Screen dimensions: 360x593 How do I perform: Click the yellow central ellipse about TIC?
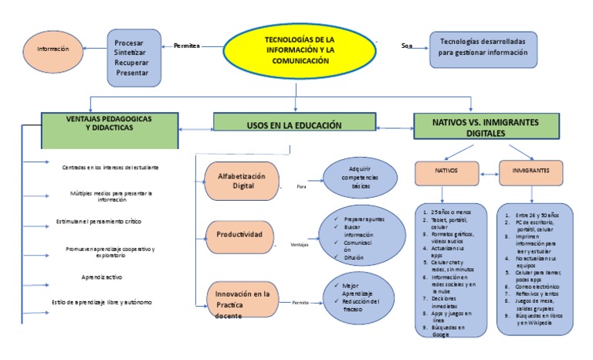(x=296, y=49)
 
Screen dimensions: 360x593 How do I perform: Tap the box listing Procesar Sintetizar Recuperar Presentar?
(x=134, y=57)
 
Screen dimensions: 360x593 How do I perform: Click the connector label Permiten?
(x=188, y=46)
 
